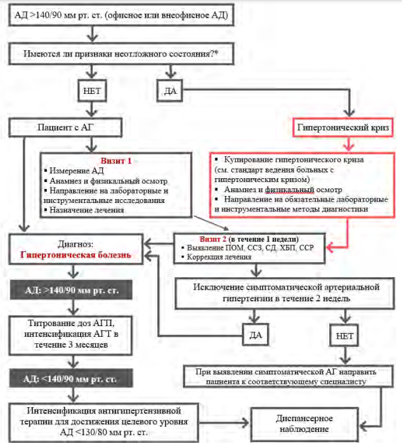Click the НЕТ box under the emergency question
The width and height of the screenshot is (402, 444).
pyautogui.click(x=92, y=91)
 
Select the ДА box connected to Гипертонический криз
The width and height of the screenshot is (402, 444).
pyautogui.click(x=170, y=91)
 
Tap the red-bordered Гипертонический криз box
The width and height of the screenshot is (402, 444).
pyautogui.click(x=343, y=127)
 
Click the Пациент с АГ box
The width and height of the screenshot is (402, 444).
pyautogui.click(x=65, y=127)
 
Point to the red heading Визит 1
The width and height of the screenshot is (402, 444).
pyautogui.click(x=116, y=161)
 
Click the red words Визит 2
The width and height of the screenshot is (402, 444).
pyautogui.click(x=212, y=239)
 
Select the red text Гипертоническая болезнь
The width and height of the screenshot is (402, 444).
pyautogui.click(x=75, y=255)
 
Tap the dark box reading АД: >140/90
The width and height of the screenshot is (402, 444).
pyautogui.click(x=72, y=291)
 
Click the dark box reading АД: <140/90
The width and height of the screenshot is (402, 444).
pyautogui.click(x=72, y=379)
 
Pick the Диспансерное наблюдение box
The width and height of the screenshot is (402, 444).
pyautogui.click(x=304, y=424)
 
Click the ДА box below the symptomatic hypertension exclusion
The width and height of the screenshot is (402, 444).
pyautogui.click(x=256, y=336)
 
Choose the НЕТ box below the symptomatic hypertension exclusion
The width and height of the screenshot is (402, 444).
pyautogui.click(x=344, y=336)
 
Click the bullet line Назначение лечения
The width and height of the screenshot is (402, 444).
pyautogui.click(x=84, y=210)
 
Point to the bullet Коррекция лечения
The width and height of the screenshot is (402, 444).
pyautogui.click(x=216, y=257)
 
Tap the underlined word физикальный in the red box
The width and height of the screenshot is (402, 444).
pyautogui.click(x=289, y=190)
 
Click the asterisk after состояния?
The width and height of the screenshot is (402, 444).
pyautogui.click(x=216, y=52)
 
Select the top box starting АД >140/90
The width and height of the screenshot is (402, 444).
pyautogui.click(x=121, y=15)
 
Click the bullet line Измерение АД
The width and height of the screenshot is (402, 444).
pyautogui.click(x=74, y=171)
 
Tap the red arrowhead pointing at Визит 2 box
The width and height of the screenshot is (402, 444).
pyautogui.click(x=330, y=247)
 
